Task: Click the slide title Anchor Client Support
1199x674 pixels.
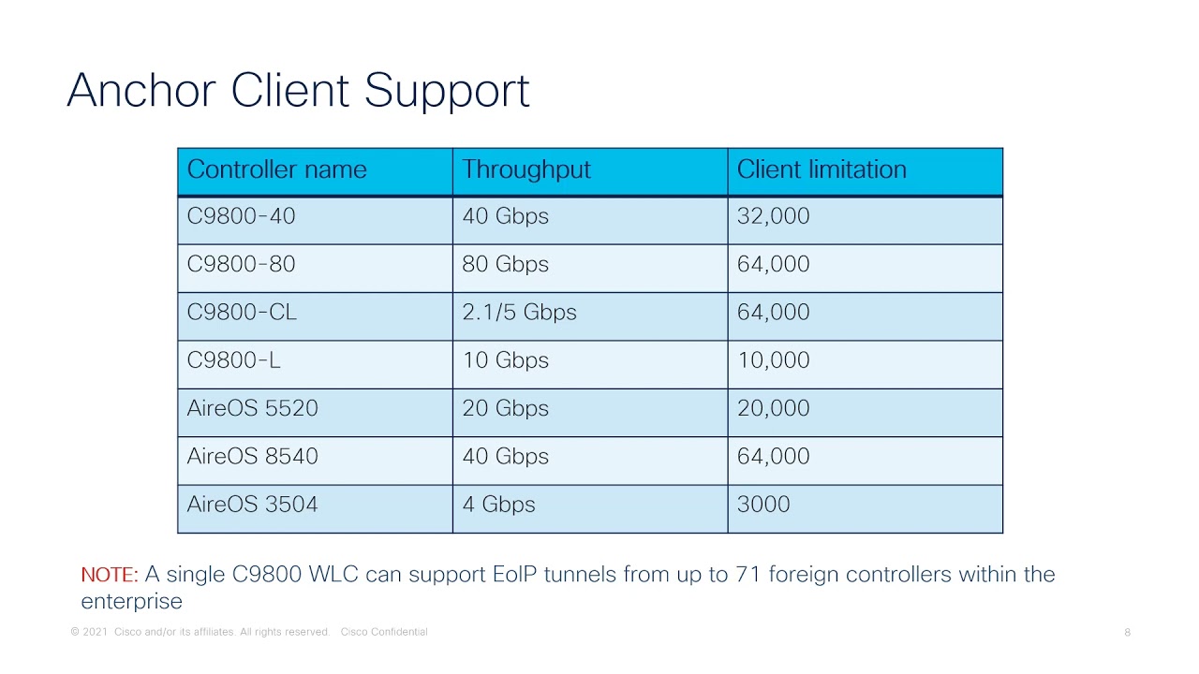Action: click(298, 91)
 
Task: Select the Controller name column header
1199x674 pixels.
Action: click(276, 169)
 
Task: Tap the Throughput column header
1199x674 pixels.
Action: click(525, 169)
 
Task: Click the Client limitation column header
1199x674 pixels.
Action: click(822, 169)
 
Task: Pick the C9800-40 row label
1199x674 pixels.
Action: click(241, 216)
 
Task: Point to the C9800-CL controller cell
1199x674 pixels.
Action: click(242, 313)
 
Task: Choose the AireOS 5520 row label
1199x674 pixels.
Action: click(252, 408)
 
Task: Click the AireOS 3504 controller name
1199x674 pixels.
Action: click(252, 505)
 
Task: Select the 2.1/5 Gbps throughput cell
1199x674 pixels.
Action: click(519, 313)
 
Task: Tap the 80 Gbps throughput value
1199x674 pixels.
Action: click(505, 264)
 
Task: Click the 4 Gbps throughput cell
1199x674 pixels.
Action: click(498, 505)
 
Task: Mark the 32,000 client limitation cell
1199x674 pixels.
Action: click(773, 216)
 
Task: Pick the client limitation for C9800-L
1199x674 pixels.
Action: click(773, 360)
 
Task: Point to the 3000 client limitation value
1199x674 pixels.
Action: click(763, 505)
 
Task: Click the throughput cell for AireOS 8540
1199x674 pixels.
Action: click(505, 457)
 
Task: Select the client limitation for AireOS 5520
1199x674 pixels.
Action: click(773, 408)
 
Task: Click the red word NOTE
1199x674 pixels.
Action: click(109, 575)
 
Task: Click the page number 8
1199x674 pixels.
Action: click(1127, 633)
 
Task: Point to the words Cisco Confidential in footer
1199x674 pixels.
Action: click(384, 633)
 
